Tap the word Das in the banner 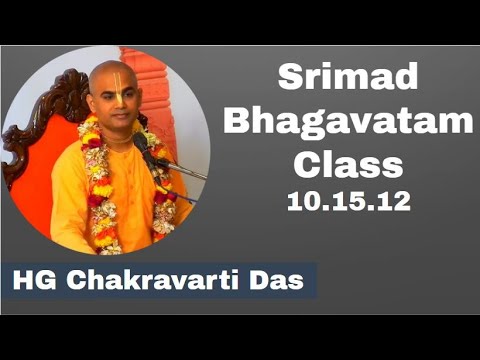point(284,282)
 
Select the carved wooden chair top point(52,100)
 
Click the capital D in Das point(266,282)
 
